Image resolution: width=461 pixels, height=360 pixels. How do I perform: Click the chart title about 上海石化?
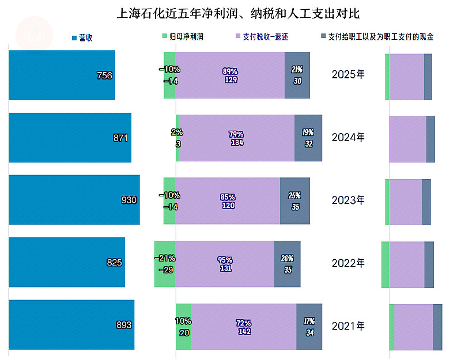coord(238,13)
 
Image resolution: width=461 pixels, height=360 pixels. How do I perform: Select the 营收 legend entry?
coord(82,37)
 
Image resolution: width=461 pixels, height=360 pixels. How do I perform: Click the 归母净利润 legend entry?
coord(183,37)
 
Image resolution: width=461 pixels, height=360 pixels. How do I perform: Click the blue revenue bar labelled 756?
coord(62,75)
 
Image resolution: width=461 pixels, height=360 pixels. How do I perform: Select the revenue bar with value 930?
coord(74,200)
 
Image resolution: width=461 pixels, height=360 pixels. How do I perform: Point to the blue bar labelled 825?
coord(66,262)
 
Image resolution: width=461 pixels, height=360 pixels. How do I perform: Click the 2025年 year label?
coord(348,75)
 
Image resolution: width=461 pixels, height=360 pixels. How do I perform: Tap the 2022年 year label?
coord(348,263)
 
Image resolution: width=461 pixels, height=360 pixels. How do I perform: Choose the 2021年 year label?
coord(348,326)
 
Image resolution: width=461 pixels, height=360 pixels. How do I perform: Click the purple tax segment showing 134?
coord(236,138)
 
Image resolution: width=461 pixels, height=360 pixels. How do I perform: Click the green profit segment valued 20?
coord(183,326)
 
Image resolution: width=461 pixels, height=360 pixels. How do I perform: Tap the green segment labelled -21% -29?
coord(165,263)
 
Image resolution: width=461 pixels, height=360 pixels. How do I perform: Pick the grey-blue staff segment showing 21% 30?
coord(297,75)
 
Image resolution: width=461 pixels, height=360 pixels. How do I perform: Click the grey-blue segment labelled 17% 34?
coord(309,326)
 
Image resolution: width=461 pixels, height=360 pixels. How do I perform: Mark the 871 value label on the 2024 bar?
coord(120,138)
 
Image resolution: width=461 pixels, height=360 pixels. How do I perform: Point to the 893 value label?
coord(124,325)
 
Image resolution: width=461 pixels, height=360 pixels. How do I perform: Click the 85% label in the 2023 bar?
coord(228,196)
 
